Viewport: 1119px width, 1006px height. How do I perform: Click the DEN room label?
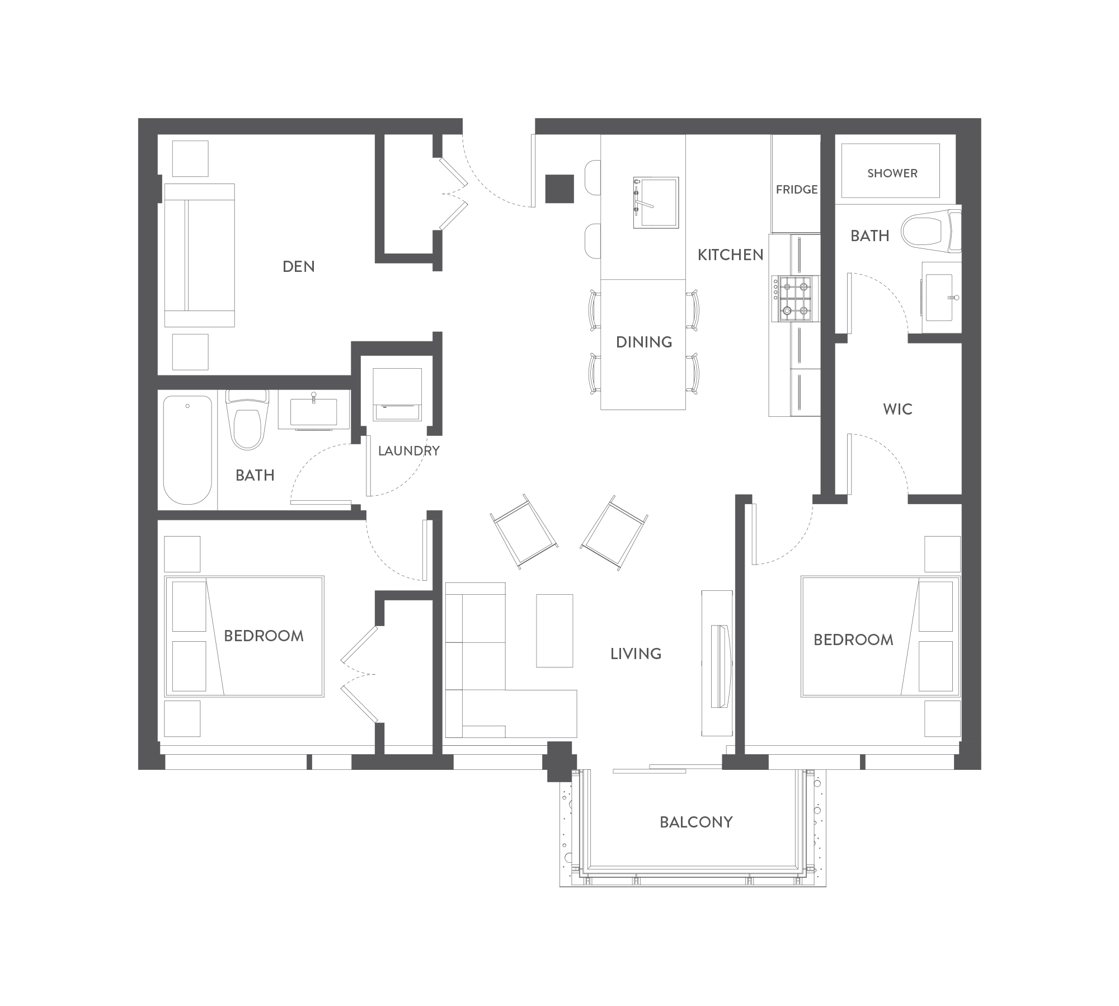pyautogui.click(x=298, y=266)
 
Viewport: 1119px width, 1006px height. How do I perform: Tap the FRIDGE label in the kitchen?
pyautogui.click(x=797, y=190)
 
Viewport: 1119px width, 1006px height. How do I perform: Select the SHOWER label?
pyautogui.click(x=892, y=173)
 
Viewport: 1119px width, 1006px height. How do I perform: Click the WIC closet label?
pyautogui.click(x=897, y=409)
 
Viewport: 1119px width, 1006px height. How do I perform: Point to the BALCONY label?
pyautogui.click(x=696, y=822)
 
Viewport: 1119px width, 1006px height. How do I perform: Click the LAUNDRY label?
pyautogui.click(x=408, y=450)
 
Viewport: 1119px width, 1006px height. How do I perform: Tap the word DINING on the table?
pyautogui.click(x=644, y=342)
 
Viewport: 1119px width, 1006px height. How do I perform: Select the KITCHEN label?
pyautogui.click(x=730, y=255)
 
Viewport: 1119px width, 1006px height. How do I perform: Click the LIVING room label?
pyautogui.click(x=636, y=654)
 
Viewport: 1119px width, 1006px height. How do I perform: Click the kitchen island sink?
pyautogui.click(x=656, y=203)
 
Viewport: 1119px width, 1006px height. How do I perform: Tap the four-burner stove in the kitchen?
pyautogui.click(x=795, y=299)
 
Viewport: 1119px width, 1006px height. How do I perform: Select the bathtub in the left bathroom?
pyautogui.click(x=187, y=450)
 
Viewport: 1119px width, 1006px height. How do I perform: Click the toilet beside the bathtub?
pyautogui.click(x=247, y=420)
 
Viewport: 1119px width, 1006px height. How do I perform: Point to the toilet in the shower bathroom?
pyautogui.click(x=931, y=231)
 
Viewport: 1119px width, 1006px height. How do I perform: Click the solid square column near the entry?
pyautogui.click(x=559, y=189)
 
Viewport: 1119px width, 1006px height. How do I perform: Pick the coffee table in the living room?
pyautogui.click(x=554, y=631)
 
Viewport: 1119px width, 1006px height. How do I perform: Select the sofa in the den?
pyautogui.click(x=199, y=255)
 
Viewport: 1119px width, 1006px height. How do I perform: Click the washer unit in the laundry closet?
pyautogui.click(x=397, y=394)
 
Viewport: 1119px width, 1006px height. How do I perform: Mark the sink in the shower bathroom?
pyautogui.click(x=940, y=298)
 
